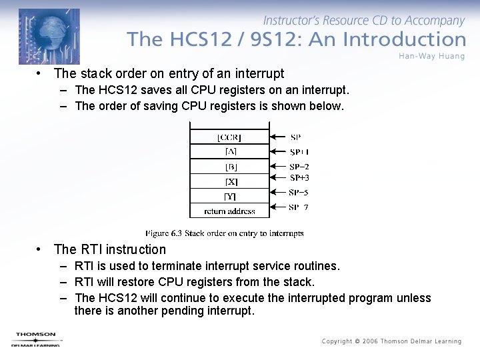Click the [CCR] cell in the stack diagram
pyautogui.click(x=229, y=137)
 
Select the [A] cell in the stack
pyautogui.click(x=229, y=152)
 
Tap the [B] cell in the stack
pyautogui.click(x=229, y=167)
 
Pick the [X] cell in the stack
pyautogui.click(x=229, y=181)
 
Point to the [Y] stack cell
pyautogui.click(x=229, y=196)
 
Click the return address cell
pyautogui.click(x=229, y=211)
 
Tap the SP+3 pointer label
pyautogui.click(x=299, y=178)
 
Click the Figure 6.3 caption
pyautogui.click(x=225, y=233)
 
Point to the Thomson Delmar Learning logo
pyautogui.click(x=36, y=339)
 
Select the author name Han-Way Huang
pyautogui.click(x=431, y=55)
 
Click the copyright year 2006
pyautogui.click(x=370, y=341)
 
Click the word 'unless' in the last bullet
pyautogui.click(x=415, y=298)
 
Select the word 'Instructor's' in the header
pyautogui.click(x=293, y=21)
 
